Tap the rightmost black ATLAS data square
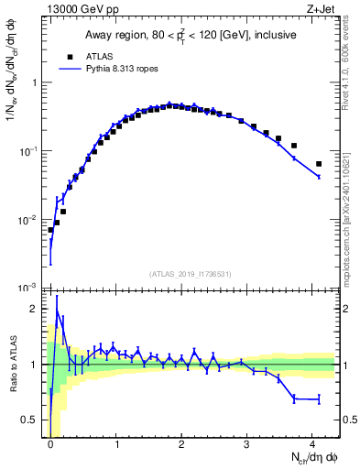click(x=319, y=164)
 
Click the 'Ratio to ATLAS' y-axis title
click(x=16, y=365)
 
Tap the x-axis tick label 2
click(x=181, y=442)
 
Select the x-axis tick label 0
click(x=50, y=442)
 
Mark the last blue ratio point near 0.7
click(x=319, y=399)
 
